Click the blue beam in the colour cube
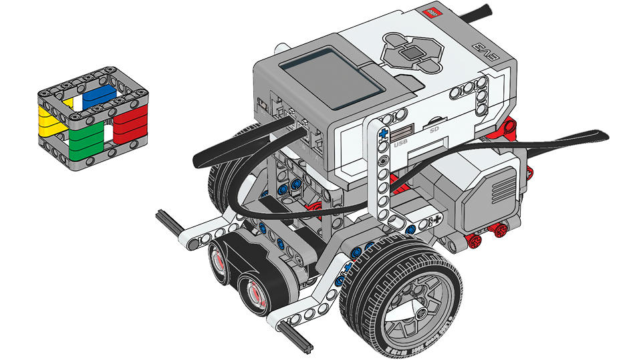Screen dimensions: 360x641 point(100,94)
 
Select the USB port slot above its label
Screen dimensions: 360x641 point(401,132)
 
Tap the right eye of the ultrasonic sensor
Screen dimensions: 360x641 point(255,291)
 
